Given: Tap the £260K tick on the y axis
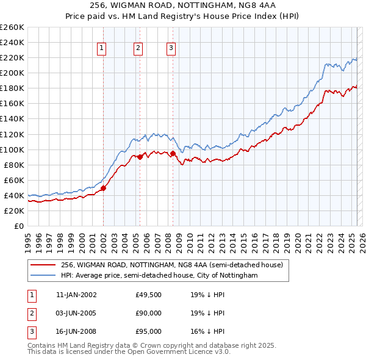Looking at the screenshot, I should (12, 27).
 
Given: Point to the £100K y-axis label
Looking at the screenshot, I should (12, 149).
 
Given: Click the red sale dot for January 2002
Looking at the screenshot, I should (103, 188).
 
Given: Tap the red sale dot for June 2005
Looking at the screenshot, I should (140, 157).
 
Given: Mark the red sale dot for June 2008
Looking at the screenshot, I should (173, 153).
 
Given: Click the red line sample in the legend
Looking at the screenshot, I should (43, 265).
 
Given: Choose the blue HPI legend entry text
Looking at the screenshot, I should (159, 276).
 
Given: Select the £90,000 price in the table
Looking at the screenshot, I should (149, 313).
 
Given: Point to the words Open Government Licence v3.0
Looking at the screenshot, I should (184, 352).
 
